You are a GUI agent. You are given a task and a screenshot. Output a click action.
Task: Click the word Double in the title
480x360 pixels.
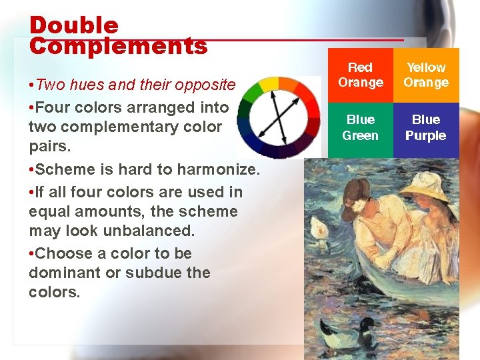click(x=74, y=25)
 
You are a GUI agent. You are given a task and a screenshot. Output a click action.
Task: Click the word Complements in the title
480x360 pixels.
click(x=118, y=46)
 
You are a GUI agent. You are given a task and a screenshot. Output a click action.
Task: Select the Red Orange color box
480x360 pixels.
click(x=360, y=75)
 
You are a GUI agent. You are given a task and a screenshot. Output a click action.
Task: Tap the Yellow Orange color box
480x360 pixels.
click(x=425, y=75)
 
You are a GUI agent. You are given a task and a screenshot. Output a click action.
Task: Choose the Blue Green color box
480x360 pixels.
click(x=360, y=127)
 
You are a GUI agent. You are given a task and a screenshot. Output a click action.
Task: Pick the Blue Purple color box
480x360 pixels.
click(x=425, y=127)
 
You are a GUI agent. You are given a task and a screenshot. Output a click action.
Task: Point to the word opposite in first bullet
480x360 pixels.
click(x=203, y=85)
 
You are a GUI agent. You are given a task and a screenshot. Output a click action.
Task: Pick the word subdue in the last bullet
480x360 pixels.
click(x=156, y=273)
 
